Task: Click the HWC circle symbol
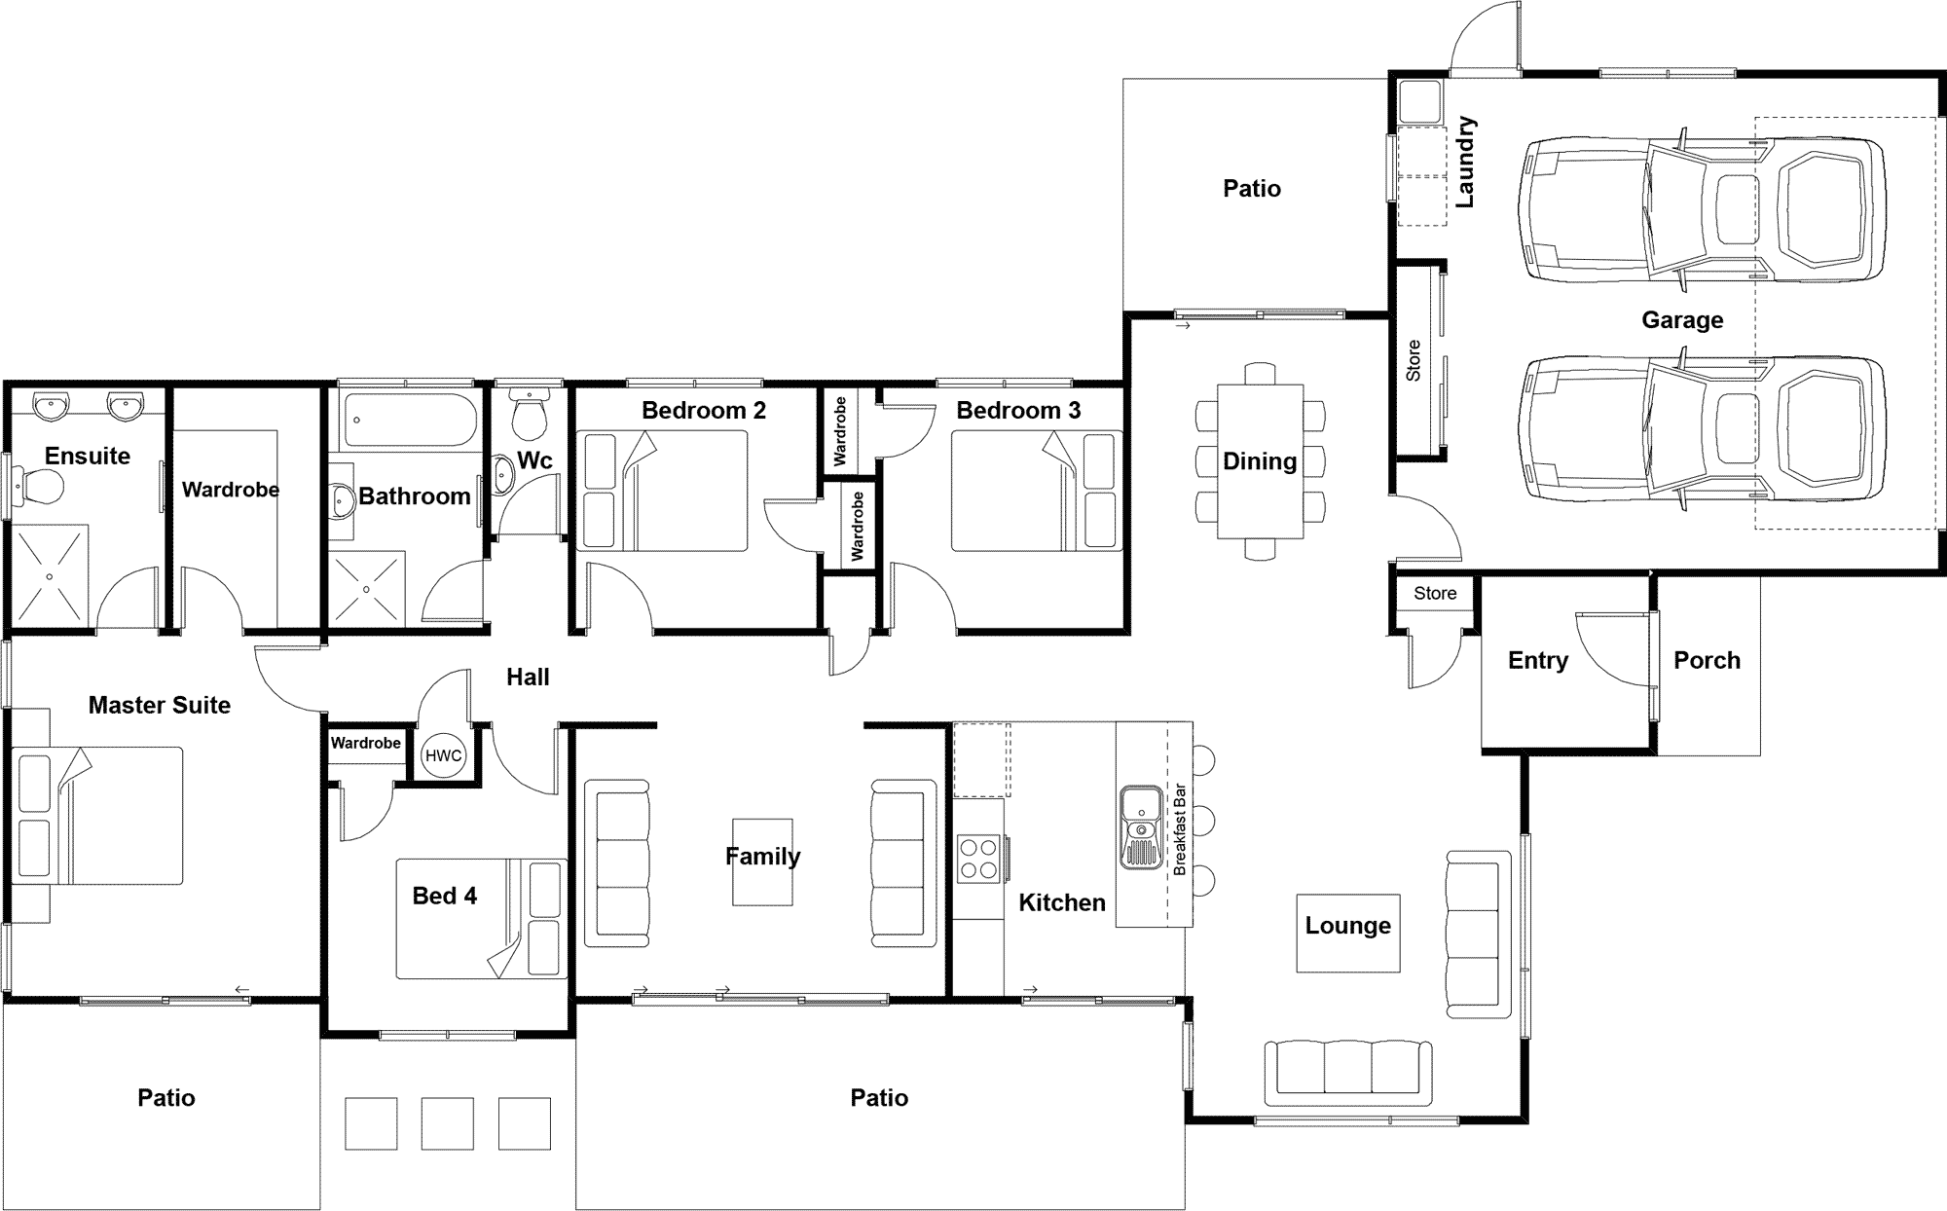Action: pos(443,755)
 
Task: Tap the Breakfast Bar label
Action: pos(1179,829)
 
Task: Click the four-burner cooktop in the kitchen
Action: pos(978,859)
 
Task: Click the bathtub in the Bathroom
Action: pos(408,419)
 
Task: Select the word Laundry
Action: pos(1465,162)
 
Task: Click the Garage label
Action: pos(1682,319)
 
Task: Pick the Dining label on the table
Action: pos(1260,461)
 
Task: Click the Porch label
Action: pos(1707,660)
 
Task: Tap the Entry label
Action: pos(1538,660)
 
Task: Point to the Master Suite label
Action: pos(160,705)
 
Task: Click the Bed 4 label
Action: pos(445,896)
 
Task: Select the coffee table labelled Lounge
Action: pos(1348,933)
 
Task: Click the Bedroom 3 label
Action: pos(1018,411)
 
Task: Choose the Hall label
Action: pos(528,678)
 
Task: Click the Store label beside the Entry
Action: pos(1435,593)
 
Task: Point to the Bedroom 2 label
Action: pos(704,411)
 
